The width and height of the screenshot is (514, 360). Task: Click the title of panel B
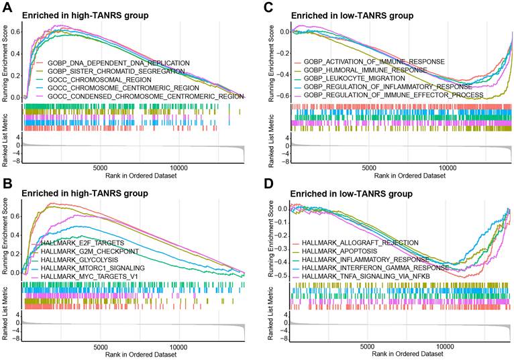click(86, 194)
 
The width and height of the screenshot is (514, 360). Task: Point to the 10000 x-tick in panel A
click(179, 168)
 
